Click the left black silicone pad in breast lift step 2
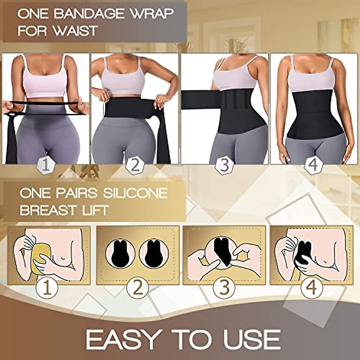(x=118, y=253)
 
